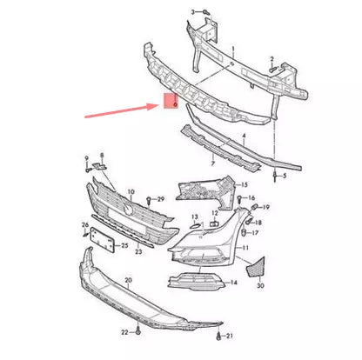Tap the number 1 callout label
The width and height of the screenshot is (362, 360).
pos(231,51)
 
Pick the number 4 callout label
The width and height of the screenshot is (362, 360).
pos(244,137)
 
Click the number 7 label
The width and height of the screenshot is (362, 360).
pos(212,163)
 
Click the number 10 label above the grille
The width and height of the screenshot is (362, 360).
pos(131,190)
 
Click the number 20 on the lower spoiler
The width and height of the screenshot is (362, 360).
pos(128,282)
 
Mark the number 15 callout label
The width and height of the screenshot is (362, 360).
pos(244,185)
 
